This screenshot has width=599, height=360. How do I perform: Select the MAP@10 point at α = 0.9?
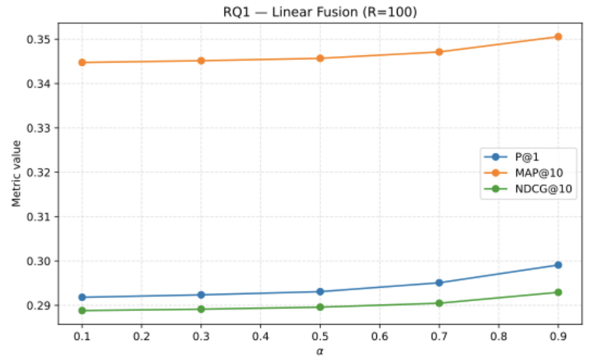pos(558,37)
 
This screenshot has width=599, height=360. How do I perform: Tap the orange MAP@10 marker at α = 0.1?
pos(82,63)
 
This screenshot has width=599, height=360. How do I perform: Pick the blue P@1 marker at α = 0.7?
pos(439,283)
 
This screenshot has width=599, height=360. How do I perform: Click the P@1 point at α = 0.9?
pos(558,265)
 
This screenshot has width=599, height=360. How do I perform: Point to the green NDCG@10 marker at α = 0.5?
pos(320,307)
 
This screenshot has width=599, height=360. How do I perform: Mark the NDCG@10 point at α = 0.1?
pos(82,311)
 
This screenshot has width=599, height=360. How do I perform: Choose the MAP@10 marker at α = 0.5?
pos(320,58)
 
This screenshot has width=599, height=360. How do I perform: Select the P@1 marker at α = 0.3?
pos(201,295)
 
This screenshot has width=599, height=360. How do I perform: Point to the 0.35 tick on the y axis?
pos(41,40)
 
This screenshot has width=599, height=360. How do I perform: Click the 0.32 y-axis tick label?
pos(41,173)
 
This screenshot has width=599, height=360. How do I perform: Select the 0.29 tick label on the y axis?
pos(41,306)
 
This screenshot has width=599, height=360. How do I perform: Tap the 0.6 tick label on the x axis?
pos(380,336)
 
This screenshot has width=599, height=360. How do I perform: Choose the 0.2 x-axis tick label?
pos(141,336)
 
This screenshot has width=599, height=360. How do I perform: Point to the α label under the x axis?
pos(320,350)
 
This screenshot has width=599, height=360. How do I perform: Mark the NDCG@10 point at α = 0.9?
pos(558,292)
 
